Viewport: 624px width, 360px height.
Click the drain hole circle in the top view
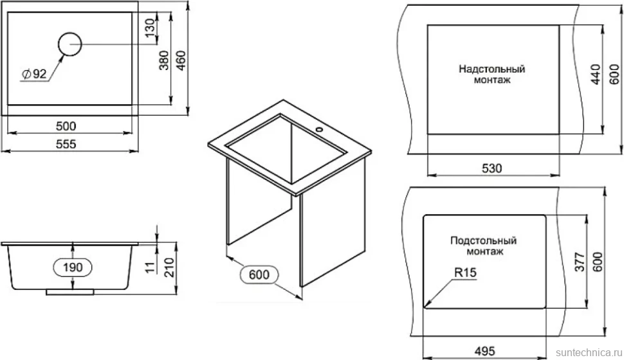click(x=70, y=33)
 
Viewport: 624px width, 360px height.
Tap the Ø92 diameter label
click(x=34, y=74)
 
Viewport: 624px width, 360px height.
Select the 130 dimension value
click(x=150, y=28)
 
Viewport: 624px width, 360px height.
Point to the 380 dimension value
click(x=164, y=60)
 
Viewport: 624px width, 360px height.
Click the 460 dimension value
click(x=181, y=60)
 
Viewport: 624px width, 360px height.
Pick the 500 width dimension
click(x=66, y=126)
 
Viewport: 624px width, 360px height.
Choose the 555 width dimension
click(x=66, y=143)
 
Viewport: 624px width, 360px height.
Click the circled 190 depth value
click(x=73, y=267)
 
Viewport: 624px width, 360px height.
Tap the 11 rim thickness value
click(x=150, y=267)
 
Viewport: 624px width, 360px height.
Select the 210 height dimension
click(x=170, y=267)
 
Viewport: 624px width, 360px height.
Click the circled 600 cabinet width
click(x=259, y=274)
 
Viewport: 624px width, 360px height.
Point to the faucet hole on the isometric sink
click(x=318, y=129)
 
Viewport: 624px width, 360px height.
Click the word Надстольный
click(x=492, y=69)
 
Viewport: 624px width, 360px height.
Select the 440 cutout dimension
click(x=595, y=75)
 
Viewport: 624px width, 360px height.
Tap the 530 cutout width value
click(x=492, y=168)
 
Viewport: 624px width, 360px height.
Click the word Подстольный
click(x=484, y=240)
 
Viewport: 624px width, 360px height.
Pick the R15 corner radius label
click(x=465, y=273)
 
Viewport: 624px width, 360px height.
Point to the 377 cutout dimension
click(x=580, y=262)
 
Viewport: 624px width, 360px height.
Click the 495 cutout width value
click(x=484, y=351)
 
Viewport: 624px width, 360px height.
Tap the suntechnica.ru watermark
click(x=589, y=353)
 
